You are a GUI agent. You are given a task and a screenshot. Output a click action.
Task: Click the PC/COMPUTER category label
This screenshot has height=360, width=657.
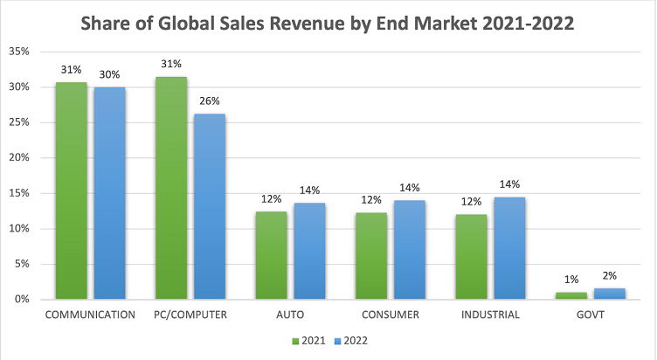point(190,315)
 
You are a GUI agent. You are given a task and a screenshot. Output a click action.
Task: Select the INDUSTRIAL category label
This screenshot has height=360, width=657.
point(489,315)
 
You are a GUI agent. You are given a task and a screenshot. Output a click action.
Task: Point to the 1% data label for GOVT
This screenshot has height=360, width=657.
point(570,279)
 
